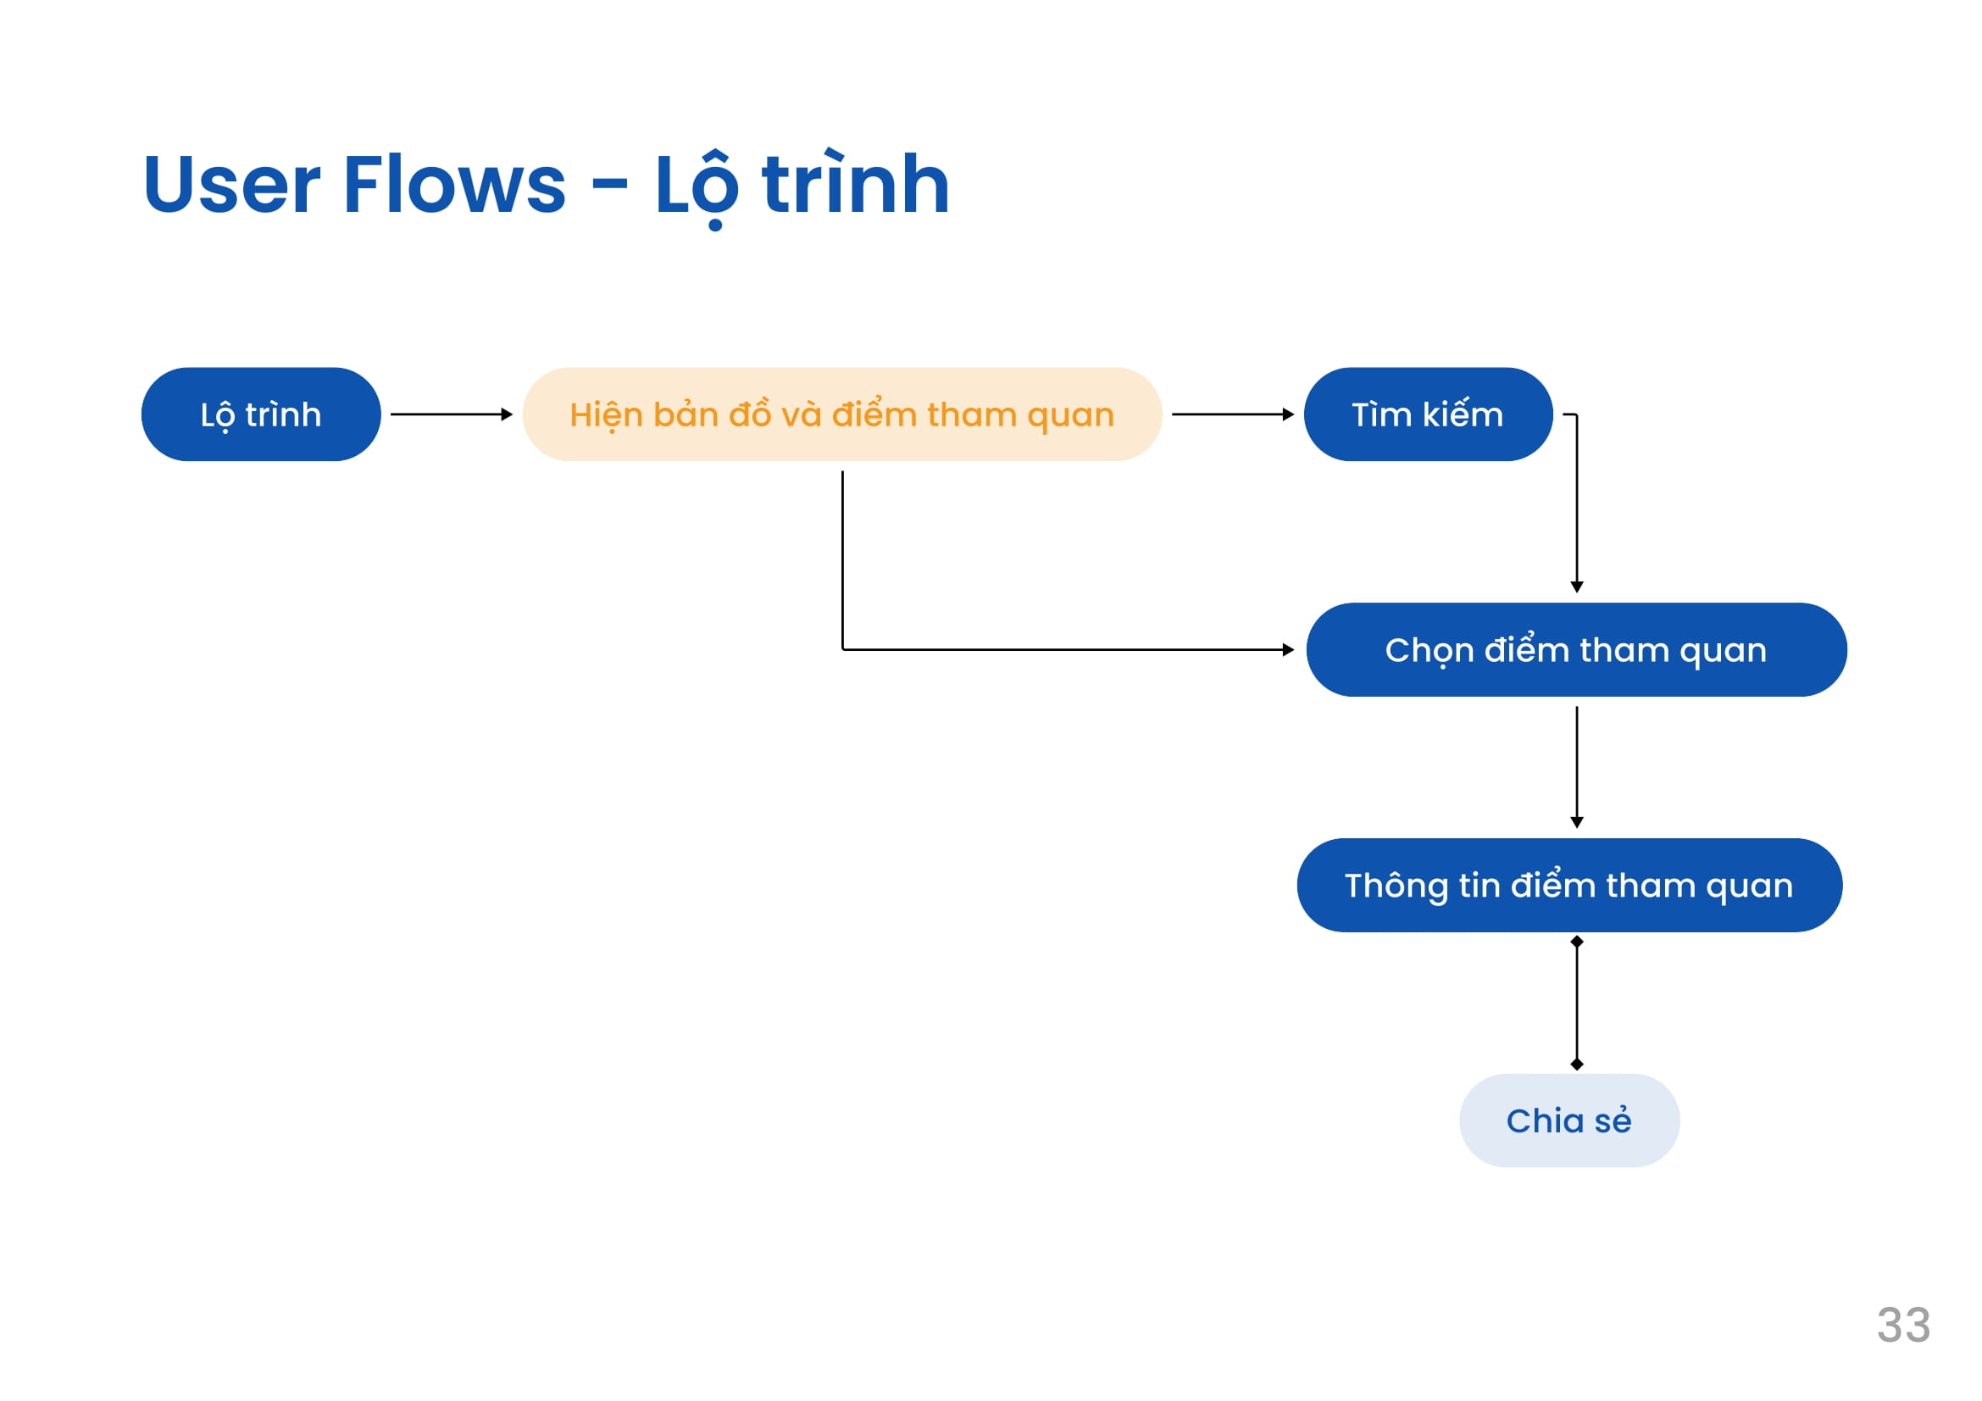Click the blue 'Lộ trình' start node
[261, 414]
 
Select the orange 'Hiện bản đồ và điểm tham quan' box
[841, 414]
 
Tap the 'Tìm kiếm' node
[1428, 414]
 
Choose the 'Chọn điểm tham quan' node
[1576, 650]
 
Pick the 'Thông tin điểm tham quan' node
[1569, 886]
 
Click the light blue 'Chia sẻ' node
[1569, 1121]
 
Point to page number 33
[1903, 1326]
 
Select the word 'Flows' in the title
[455, 183]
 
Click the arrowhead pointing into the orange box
[508, 414]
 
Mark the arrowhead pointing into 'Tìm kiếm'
[1289, 414]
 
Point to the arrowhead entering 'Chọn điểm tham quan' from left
[1289, 650]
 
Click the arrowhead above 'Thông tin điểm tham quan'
[1577, 824]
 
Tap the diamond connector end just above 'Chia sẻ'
[1577, 1065]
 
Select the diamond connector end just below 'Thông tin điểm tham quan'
[1577, 942]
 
